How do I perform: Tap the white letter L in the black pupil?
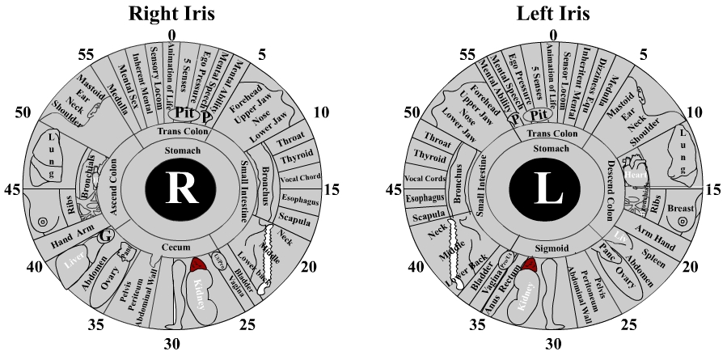coord(552,188)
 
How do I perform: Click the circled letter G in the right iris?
coord(104,236)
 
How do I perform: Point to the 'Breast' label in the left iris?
coord(681,209)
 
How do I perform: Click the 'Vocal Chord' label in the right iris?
coord(300,180)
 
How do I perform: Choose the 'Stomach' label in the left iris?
coord(553,149)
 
